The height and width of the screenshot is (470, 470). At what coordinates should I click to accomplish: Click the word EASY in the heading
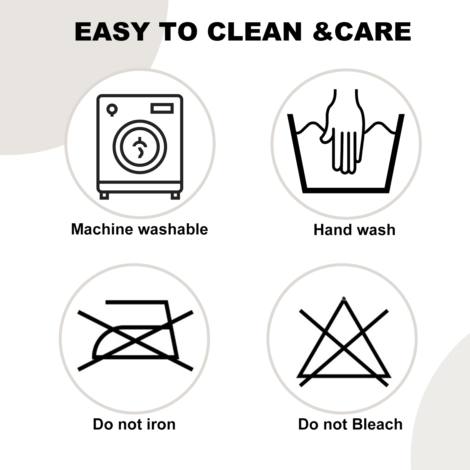[112, 31]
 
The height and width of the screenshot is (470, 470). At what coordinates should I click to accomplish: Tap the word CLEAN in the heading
[255, 31]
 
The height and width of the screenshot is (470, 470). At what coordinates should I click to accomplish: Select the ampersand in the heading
[323, 31]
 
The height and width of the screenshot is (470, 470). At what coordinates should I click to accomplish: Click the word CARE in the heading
[372, 31]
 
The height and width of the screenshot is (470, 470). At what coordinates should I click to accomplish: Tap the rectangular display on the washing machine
[162, 108]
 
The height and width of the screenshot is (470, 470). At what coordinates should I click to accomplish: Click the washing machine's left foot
[104, 196]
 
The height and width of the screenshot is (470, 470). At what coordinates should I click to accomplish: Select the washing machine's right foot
[175, 196]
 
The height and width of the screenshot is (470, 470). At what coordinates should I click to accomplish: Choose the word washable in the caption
[174, 229]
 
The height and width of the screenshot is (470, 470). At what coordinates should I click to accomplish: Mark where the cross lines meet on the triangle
[344, 349]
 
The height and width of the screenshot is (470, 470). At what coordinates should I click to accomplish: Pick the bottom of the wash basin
[346, 190]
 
